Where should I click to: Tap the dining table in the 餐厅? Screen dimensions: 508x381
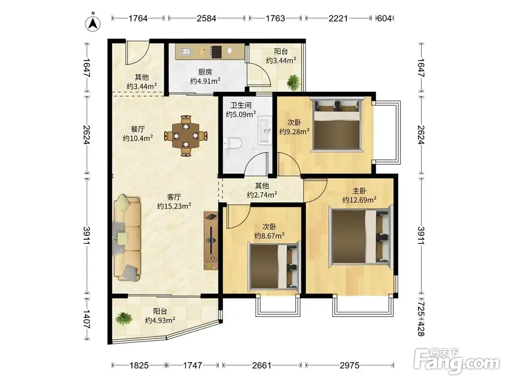(x=186, y=135)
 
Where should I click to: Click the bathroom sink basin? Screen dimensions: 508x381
(x=266, y=131)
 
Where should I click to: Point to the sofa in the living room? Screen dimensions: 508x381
(x=127, y=238)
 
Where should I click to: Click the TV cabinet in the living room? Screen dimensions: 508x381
(x=211, y=240)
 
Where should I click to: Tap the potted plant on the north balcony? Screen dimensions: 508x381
(x=293, y=81)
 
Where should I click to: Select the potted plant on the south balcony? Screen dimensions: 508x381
(x=123, y=318)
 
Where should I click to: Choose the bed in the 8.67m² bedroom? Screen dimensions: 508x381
(x=274, y=266)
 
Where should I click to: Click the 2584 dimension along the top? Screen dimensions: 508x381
(x=206, y=18)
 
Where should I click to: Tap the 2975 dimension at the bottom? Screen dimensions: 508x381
(x=349, y=365)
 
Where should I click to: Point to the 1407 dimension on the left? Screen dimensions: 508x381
(x=87, y=319)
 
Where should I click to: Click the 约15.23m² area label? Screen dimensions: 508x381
(x=174, y=206)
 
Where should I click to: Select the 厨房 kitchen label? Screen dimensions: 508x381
(x=205, y=72)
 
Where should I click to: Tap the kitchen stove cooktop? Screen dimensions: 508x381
(x=216, y=51)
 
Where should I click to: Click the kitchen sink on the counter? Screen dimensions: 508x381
(x=186, y=51)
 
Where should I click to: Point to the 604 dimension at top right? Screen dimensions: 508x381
(x=384, y=19)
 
